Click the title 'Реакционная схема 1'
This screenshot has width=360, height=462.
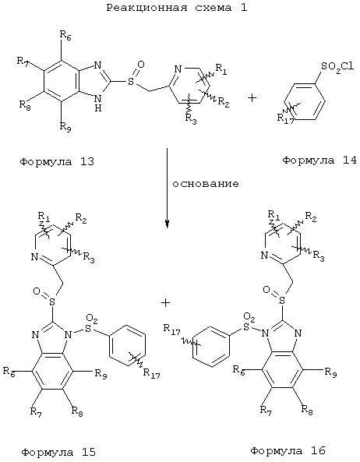pyautogui.click(x=177, y=8)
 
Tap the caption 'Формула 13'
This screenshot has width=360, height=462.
pyautogui.click(x=57, y=162)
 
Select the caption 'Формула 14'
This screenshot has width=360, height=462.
pyautogui.click(x=319, y=160)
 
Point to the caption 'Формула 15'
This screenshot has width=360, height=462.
pyautogui.click(x=58, y=452)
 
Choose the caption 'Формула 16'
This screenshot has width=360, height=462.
pyautogui.click(x=288, y=450)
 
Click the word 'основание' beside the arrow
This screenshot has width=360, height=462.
pyautogui.click(x=206, y=184)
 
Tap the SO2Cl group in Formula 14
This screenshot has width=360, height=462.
pyautogui.click(x=337, y=67)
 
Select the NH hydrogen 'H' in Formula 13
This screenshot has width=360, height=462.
pyautogui.click(x=98, y=108)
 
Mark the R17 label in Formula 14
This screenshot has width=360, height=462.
pyautogui.click(x=285, y=118)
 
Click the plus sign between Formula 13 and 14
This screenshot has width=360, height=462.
pyautogui.click(x=252, y=97)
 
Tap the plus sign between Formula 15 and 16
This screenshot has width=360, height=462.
pyautogui.click(x=165, y=302)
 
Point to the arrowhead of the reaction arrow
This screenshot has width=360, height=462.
pyautogui.click(x=167, y=224)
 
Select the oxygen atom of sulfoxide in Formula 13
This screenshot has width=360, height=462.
pyautogui.click(x=141, y=64)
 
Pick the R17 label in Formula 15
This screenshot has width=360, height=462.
pyautogui.click(x=151, y=373)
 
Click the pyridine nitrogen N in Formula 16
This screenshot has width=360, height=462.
pyautogui.click(x=264, y=255)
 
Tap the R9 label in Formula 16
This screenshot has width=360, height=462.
pyautogui.click(x=330, y=372)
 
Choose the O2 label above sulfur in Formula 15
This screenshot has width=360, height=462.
pyautogui.click(x=91, y=319)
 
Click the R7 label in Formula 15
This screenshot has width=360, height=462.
pyautogui.click(x=36, y=411)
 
